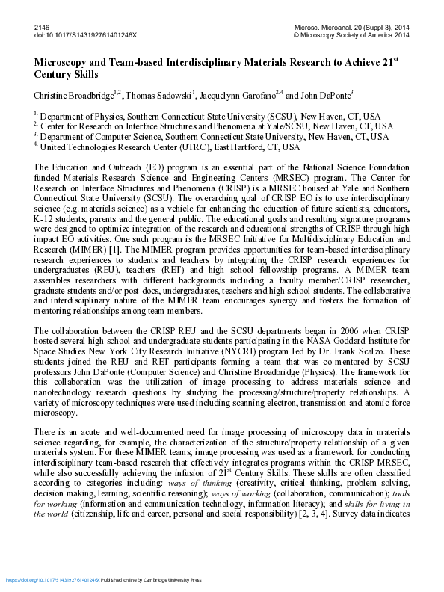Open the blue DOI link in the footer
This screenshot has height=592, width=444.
click(52, 580)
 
